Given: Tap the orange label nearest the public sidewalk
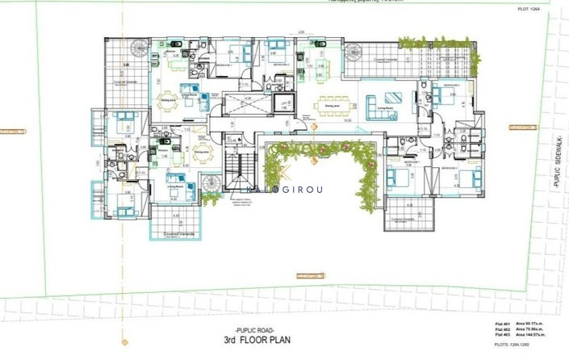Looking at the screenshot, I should [522, 128].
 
